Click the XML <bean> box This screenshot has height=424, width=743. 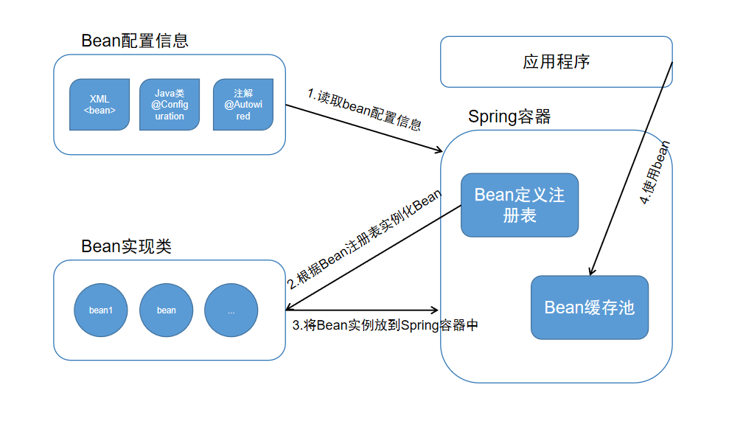100,105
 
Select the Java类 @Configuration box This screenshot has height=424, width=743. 170,105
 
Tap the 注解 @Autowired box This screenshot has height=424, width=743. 243,105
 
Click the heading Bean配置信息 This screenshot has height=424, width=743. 135,41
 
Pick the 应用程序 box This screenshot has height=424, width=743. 556,61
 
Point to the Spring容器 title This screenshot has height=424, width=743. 509,117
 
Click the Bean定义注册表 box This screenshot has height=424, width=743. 520,205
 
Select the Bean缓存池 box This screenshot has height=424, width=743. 590,307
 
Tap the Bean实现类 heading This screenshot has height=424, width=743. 126,246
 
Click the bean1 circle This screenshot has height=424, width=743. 101,310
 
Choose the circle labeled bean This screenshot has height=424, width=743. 167,310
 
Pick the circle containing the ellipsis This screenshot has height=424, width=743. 231,310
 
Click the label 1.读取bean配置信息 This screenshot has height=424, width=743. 365,109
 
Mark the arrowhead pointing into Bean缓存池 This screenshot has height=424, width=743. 591,271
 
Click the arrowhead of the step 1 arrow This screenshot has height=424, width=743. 437,150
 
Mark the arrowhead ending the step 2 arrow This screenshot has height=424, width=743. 290,308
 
